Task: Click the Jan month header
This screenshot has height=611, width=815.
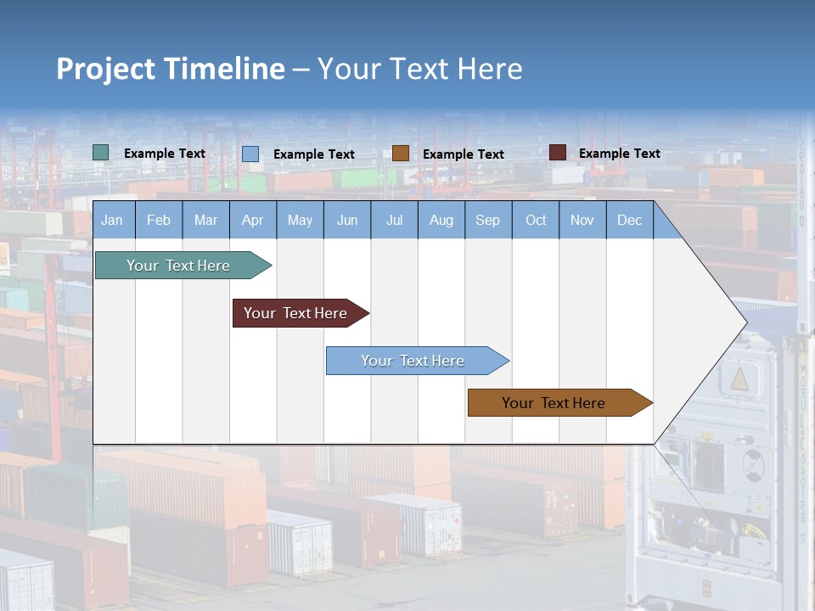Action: point(112,221)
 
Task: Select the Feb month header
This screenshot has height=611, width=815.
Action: point(159,221)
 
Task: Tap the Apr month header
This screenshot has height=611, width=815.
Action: point(253,221)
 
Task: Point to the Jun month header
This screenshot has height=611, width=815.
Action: point(347,221)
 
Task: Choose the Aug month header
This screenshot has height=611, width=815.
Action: point(441,221)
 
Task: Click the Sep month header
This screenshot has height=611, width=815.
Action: point(488,221)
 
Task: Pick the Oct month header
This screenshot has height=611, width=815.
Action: point(536,221)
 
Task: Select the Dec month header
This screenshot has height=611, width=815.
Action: point(630,221)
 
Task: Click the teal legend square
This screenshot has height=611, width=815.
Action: point(101,153)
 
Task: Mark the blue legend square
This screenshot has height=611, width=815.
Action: point(250,154)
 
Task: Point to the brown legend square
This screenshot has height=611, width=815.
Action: point(401,153)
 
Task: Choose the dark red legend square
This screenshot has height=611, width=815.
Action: point(558,153)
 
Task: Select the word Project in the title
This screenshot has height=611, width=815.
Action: point(105,69)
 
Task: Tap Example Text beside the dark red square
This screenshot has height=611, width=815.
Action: point(619,154)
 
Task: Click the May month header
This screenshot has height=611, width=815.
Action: point(300,221)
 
